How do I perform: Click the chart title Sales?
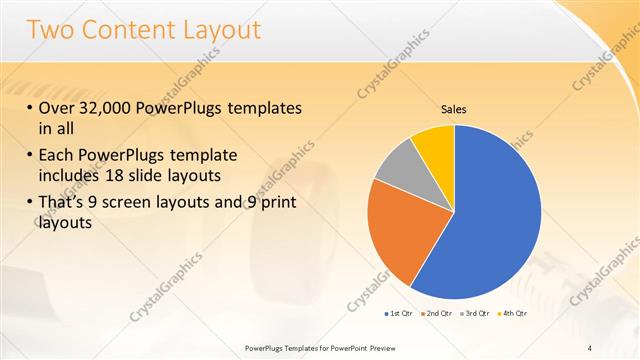454,109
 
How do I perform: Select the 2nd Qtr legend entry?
442,313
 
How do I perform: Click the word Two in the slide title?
50,30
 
